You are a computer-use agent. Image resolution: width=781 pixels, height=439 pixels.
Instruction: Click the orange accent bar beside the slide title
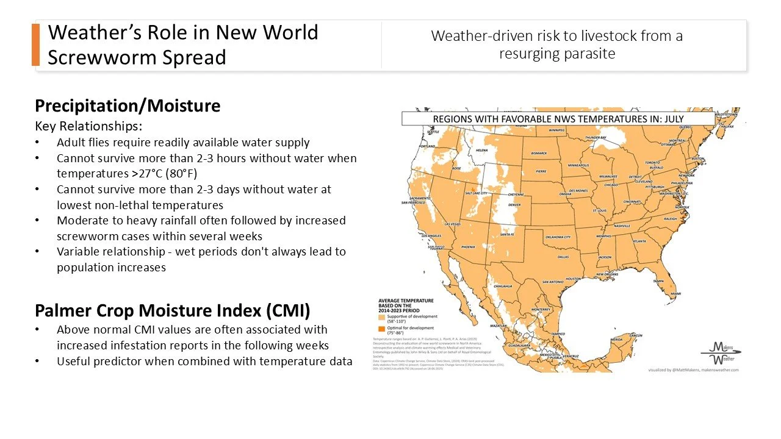[x=35, y=45]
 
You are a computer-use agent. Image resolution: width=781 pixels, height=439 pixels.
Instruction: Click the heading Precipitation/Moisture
[x=128, y=106]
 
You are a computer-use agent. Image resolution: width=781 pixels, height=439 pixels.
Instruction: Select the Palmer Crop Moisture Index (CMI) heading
[x=173, y=311]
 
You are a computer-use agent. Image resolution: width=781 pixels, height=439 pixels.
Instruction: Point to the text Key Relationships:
[x=88, y=126]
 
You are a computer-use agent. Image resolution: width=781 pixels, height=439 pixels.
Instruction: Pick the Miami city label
[x=675, y=294]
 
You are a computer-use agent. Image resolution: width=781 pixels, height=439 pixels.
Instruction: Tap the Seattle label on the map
[x=433, y=132]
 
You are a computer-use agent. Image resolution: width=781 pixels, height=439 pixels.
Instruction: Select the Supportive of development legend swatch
[x=381, y=318]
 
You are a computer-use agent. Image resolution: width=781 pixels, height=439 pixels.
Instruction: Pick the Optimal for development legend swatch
[x=381, y=328]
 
